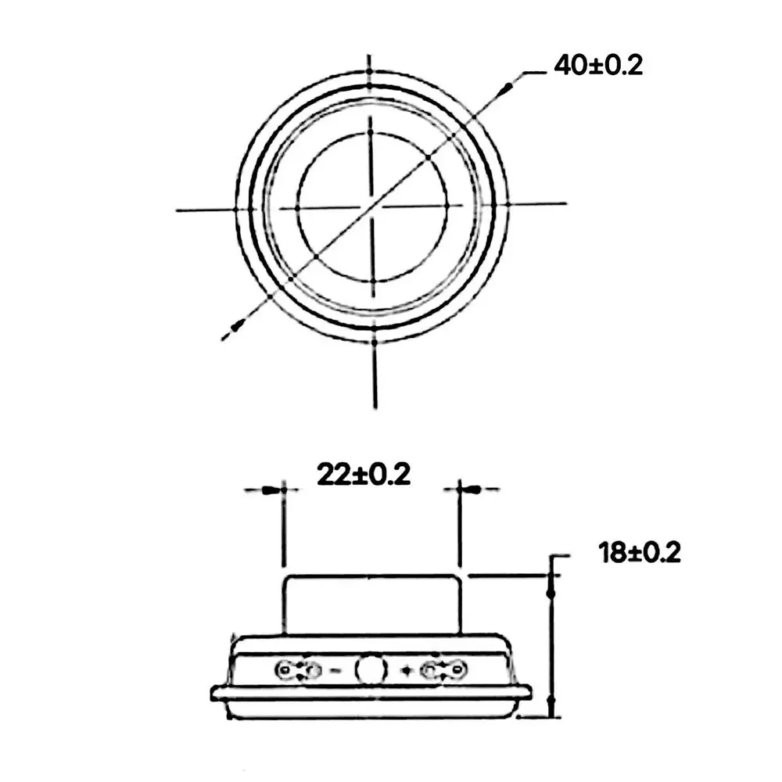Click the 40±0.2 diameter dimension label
pos(598,66)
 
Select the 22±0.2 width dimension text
pos(364,475)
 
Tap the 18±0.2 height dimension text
pos(640,553)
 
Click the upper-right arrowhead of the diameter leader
pos(508,88)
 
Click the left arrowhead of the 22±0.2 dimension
pos(270,490)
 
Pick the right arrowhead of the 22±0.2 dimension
pos(473,490)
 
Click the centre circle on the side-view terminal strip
pos(371,669)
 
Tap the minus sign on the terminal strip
pos(336,671)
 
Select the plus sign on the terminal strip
pos(407,671)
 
